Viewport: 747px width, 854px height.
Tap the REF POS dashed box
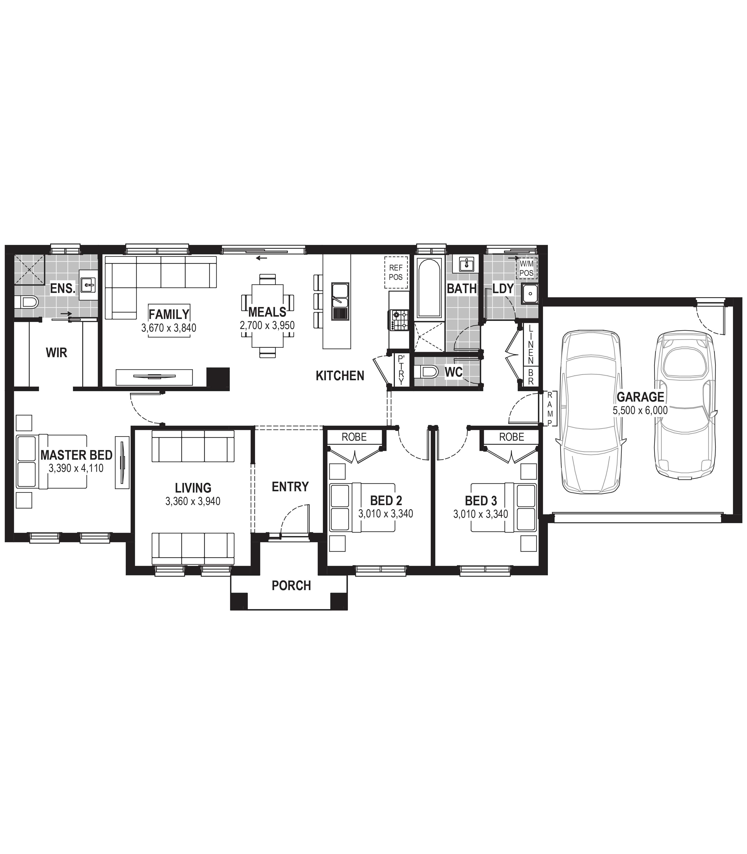click(396, 272)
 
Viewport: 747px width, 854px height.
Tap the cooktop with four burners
click(399, 320)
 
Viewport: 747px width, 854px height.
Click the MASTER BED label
click(76, 455)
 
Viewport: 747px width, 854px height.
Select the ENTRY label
click(290, 487)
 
